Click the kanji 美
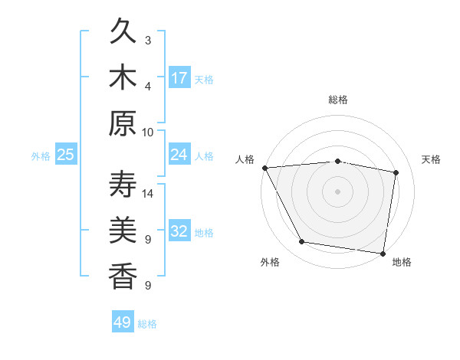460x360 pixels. tap(123, 231)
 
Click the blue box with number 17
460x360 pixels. tap(179, 78)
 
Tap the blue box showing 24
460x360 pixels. tap(179, 155)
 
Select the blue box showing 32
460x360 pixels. tap(179, 231)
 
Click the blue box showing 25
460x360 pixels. tap(66, 155)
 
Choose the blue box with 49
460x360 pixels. tap(123, 322)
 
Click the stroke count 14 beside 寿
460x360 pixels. tap(148, 194)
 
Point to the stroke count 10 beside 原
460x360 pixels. tap(148, 132)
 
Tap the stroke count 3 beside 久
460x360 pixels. tap(148, 41)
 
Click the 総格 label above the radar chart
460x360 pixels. tap(337, 100)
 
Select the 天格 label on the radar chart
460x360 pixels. tap(432, 159)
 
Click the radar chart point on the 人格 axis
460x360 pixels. tap(264, 168)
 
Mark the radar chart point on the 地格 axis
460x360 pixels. tap(383, 253)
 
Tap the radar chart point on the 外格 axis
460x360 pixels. tap(302, 242)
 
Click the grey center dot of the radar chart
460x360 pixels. tap(337, 191)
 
